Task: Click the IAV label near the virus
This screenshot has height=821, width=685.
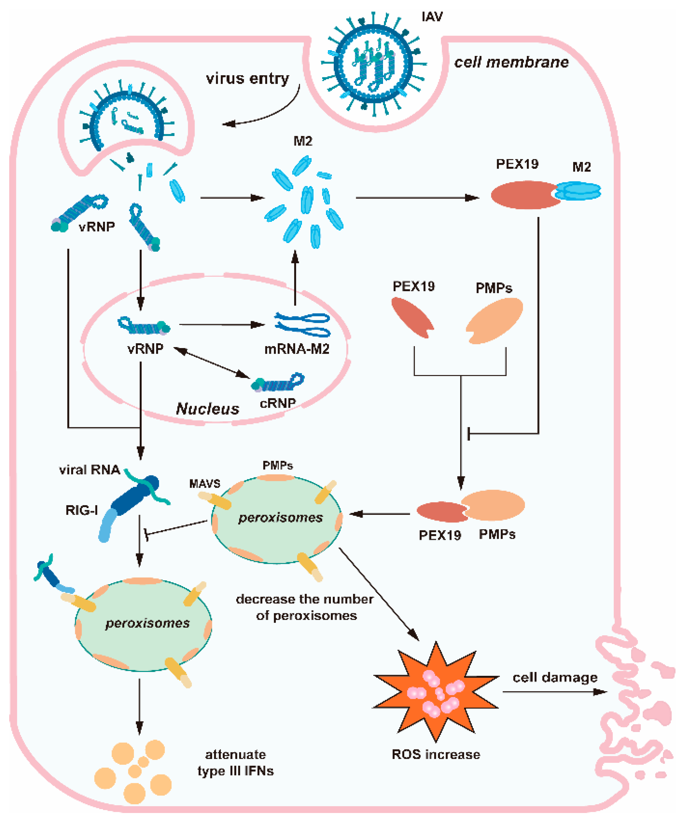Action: coord(432,17)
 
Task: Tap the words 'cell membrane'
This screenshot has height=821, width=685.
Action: coord(511,62)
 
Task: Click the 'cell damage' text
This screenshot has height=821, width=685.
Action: coord(555,677)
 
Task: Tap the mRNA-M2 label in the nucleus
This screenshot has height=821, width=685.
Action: coord(296,348)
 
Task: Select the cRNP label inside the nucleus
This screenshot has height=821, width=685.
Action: coord(277,403)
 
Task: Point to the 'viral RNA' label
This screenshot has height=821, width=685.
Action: coord(90,470)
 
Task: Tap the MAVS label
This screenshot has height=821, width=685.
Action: coord(204,484)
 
